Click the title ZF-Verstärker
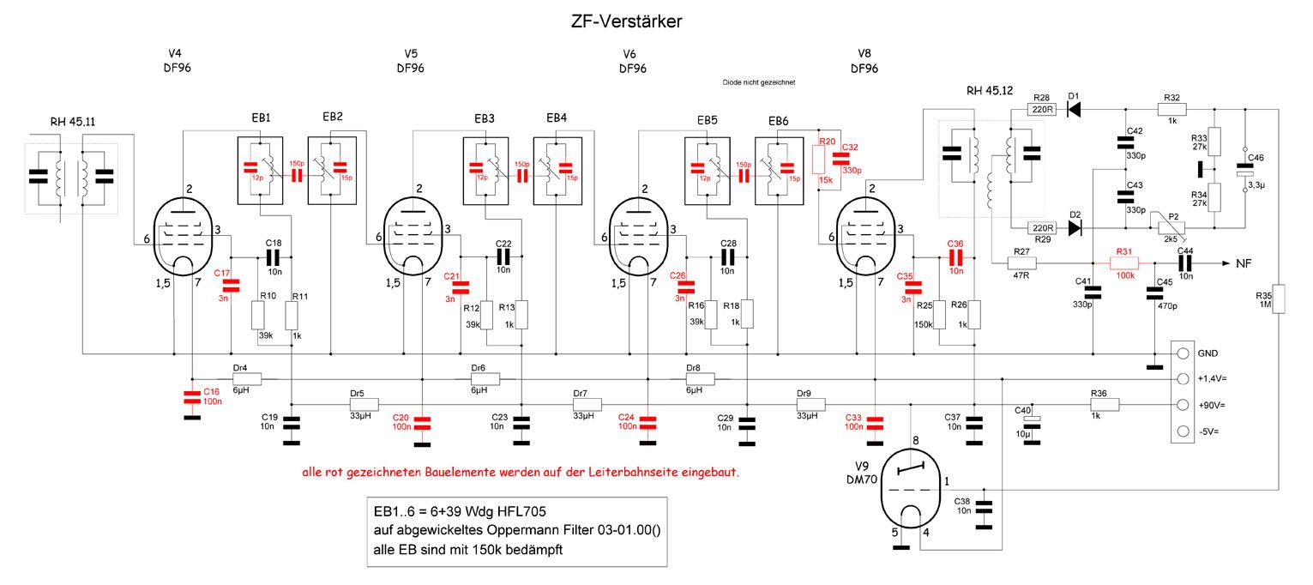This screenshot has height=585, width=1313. (x=626, y=22)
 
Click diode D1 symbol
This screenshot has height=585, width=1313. (x=1073, y=109)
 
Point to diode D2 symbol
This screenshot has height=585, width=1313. (x=1073, y=228)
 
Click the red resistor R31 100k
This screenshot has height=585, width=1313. (x=1123, y=262)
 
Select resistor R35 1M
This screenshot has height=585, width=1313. (x=1277, y=300)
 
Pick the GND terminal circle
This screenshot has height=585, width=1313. (x=1184, y=353)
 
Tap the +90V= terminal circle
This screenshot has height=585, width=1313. (x=1184, y=405)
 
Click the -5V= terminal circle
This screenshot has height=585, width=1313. (x=1184, y=431)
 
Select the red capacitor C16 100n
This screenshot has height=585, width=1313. (x=191, y=395)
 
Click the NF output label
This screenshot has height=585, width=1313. (x=1244, y=262)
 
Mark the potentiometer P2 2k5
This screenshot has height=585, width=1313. (x=1169, y=227)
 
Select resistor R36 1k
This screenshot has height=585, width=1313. (x=1099, y=405)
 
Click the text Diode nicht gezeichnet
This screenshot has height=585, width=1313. (x=759, y=82)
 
